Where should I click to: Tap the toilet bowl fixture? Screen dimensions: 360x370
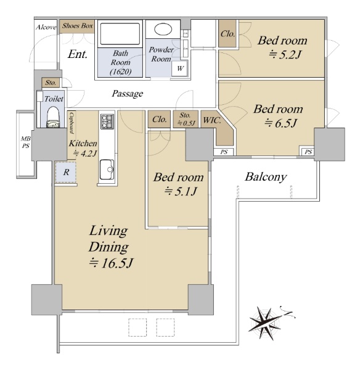coord(53,117)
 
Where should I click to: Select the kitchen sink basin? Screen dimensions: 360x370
coord(107,170)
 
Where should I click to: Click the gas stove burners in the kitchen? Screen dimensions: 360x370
coord(107,121)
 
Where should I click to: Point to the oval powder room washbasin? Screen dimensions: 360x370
coord(163,29)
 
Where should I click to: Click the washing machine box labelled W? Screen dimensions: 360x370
coord(180,68)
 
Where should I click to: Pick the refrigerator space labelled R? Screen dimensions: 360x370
coord(66,172)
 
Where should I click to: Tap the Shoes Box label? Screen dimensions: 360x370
coord(78,26)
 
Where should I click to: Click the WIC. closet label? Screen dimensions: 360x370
coord(212,120)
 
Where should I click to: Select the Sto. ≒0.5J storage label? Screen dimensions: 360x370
coord(185,119)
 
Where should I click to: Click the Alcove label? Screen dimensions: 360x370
coord(46,27)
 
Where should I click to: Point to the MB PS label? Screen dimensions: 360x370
coord(25,142)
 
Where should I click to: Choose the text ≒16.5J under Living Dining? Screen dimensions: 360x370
coord(111,263)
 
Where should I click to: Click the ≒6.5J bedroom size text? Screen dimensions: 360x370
coord(280,123)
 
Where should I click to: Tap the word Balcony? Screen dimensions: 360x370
coord(266,177)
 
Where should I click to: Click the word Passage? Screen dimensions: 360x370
coord(128,94)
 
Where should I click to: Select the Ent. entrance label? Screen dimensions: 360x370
coord(78,54)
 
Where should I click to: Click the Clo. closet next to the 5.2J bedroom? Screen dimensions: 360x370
coord(227,34)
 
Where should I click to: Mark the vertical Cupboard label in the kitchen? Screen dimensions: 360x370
coord(72,123)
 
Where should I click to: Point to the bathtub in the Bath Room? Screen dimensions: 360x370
coord(120,34)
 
